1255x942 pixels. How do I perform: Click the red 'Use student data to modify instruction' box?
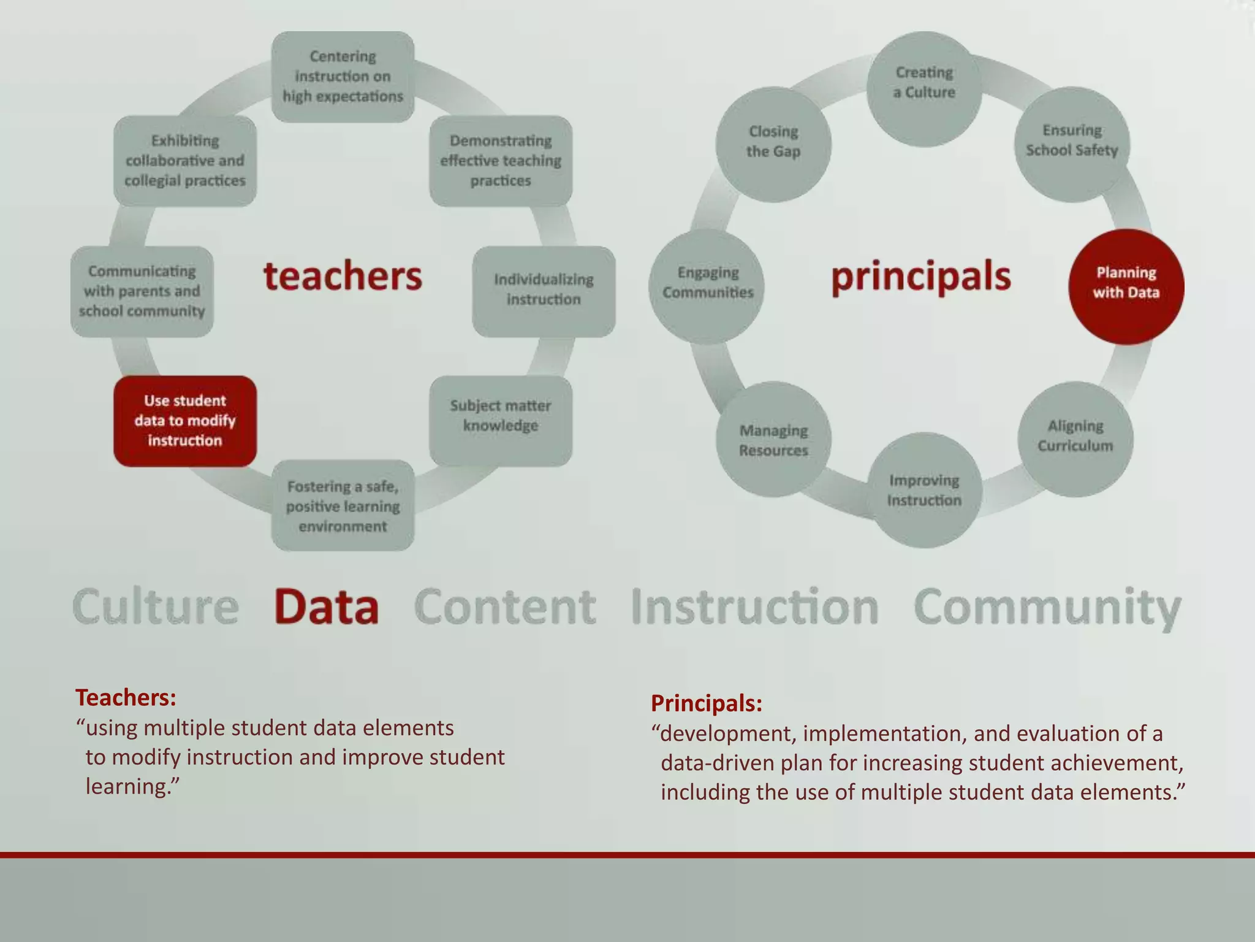coord(185,421)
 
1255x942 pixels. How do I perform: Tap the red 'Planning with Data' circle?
coord(1126,286)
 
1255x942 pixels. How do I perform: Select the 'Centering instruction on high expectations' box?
coord(343,77)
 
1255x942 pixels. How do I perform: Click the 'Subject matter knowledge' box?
coord(501,420)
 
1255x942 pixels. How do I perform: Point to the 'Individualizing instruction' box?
coord(544,291)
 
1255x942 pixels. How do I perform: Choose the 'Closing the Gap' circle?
coord(773,144)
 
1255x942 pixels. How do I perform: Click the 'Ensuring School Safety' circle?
coord(1072,144)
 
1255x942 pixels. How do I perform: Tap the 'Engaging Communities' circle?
coord(707,286)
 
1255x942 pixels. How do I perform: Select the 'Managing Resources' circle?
coord(773,439)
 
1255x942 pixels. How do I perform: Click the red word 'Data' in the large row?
coord(326,607)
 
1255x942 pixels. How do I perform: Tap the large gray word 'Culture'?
coord(156,607)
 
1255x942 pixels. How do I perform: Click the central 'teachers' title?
coord(343,277)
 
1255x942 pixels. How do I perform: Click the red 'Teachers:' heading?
coord(126,697)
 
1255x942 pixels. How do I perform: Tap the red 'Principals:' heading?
coord(707,703)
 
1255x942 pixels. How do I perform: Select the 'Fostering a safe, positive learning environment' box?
coord(343,505)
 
